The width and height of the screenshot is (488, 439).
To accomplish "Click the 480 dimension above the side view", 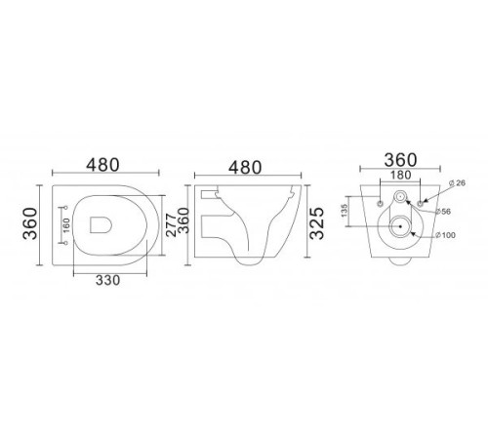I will coord(244,167).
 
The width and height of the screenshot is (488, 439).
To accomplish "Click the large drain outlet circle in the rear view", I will coord(398,229).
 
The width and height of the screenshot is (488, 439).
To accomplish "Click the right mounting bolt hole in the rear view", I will coord(420,202).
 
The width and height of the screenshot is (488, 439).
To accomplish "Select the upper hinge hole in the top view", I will coord(64,208).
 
